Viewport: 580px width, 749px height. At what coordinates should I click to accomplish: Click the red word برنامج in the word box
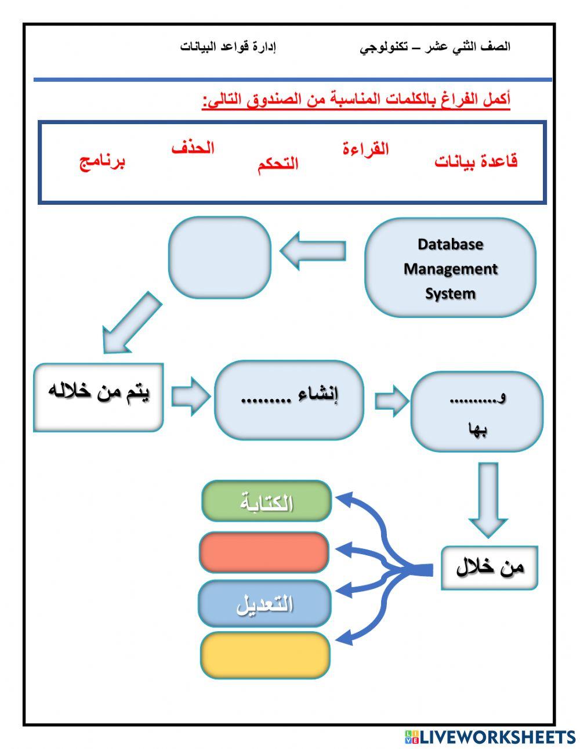(102, 161)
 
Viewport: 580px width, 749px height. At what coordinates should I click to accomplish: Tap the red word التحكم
(278, 164)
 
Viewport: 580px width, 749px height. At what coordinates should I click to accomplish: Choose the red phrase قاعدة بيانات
(476, 161)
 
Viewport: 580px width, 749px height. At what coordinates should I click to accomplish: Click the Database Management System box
(450, 268)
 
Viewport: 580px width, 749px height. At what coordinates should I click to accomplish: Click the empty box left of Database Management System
(220, 258)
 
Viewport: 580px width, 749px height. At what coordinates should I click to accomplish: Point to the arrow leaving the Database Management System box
(314, 251)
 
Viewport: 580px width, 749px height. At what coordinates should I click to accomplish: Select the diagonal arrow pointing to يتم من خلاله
(131, 323)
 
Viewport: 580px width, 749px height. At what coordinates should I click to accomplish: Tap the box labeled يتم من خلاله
(98, 397)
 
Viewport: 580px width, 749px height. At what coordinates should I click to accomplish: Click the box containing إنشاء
(289, 399)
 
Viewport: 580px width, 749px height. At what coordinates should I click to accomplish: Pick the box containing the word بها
(477, 412)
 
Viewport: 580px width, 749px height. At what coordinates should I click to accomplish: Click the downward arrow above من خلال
(488, 498)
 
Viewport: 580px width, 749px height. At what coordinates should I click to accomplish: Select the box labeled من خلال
(489, 567)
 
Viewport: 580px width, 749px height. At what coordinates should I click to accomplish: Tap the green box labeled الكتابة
(266, 501)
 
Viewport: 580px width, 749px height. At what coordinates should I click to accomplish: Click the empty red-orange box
(264, 552)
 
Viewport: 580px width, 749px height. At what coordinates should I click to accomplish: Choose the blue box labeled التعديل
(264, 604)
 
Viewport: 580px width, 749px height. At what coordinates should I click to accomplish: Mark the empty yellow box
(265, 656)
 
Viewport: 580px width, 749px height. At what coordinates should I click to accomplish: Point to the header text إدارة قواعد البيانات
(228, 47)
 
